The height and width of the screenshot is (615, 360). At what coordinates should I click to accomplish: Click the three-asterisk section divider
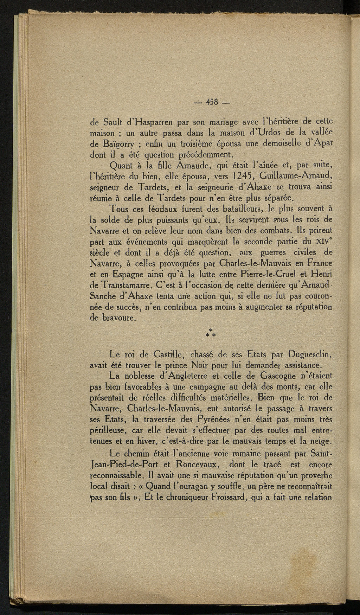tap(211, 333)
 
